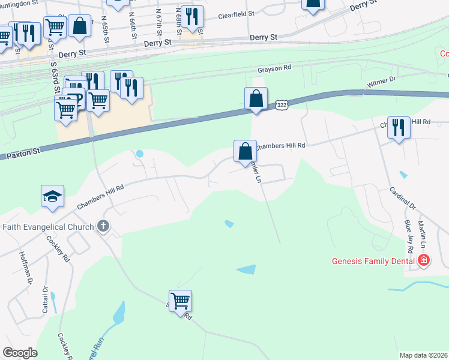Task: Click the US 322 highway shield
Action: (282, 105)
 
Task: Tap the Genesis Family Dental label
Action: (373, 261)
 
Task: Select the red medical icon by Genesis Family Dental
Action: (424, 260)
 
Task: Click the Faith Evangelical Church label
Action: (48, 227)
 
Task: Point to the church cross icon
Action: (103, 227)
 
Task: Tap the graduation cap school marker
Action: (52, 196)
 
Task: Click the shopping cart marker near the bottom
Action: (180, 300)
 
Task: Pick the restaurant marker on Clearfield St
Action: (191, 17)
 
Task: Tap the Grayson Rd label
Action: (274, 68)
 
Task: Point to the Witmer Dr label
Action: (382, 79)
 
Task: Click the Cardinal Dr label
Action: (402, 197)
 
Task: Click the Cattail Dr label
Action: (45, 299)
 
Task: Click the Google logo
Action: (19, 353)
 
